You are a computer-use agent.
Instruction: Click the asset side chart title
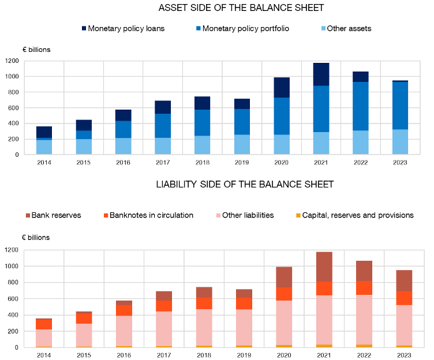241,8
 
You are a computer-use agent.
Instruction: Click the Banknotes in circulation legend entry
148,215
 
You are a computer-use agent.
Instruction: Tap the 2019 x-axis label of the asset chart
242,163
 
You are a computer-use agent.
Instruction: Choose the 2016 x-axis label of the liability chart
124,355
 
